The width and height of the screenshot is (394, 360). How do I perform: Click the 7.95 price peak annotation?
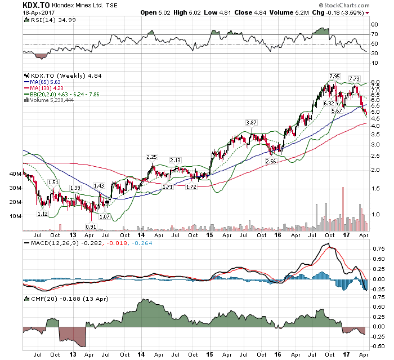coord(334,76)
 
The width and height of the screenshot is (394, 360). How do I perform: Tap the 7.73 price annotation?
coord(354,78)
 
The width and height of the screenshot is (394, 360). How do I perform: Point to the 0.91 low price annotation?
coord(90,226)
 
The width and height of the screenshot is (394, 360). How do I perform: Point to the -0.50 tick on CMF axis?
coord(378,346)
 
